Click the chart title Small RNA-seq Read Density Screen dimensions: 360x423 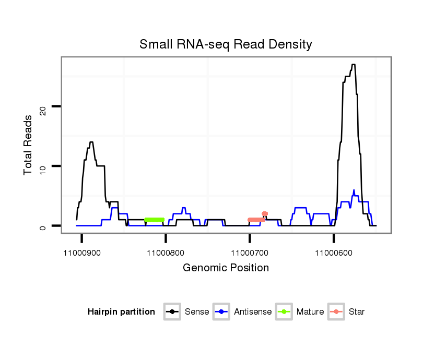[x=226, y=44]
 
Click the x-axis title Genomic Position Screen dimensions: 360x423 [x=226, y=268]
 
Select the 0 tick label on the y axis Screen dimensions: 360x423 [x=44, y=226]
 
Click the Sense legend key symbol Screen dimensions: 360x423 [x=172, y=312]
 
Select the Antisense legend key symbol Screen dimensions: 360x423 [x=221, y=312]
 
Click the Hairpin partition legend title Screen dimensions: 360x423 [x=121, y=312]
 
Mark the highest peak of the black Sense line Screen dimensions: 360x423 [x=354, y=65]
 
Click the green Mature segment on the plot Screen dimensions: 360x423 [x=154, y=220]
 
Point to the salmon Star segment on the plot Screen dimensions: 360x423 [x=256, y=220]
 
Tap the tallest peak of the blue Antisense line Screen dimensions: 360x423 [x=354, y=190]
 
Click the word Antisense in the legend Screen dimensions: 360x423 [x=253, y=312]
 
